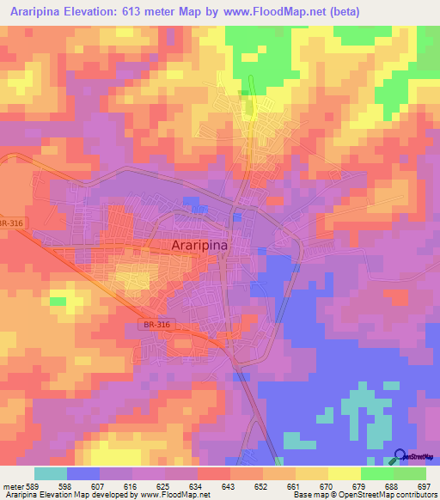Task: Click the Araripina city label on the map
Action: pos(211,245)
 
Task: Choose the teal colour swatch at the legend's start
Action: pos(51,473)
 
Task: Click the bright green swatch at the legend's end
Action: pos(410,473)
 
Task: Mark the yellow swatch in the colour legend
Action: pos(345,473)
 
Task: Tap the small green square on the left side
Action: pos(58,301)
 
